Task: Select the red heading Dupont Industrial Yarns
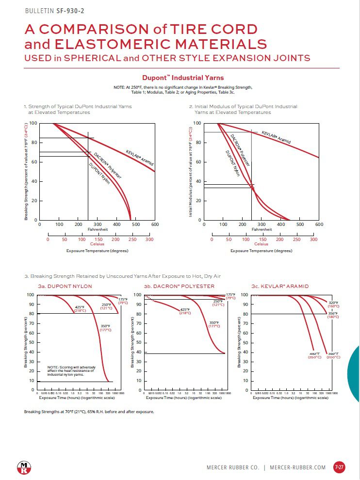pyautogui.click(x=182, y=78)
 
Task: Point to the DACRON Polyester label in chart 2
pyautogui.click(x=240, y=150)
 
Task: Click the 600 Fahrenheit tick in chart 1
pyautogui.click(x=155, y=224)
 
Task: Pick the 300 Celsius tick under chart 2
pyautogui.click(x=313, y=240)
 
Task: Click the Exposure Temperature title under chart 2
pyautogui.click(x=262, y=251)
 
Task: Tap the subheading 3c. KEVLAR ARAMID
pyautogui.click(x=280, y=287)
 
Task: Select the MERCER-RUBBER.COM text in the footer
pyautogui.click(x=297, y=467)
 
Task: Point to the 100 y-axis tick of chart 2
pyautogui.click(x=197, y=123)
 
